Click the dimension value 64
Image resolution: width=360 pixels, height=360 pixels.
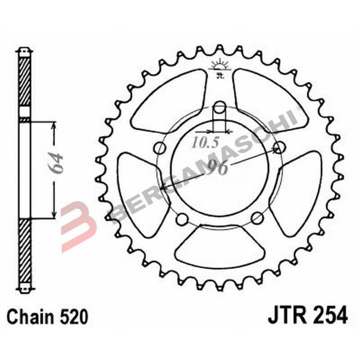click(57, 162)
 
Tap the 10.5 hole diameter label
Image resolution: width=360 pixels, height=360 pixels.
click(205, 143)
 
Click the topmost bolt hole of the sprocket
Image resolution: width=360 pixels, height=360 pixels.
click(220, 107)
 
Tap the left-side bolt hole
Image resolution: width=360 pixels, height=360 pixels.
click(159, 148)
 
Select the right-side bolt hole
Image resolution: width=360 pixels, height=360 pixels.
click(280, 147)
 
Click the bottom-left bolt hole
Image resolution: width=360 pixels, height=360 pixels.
click(182, 219)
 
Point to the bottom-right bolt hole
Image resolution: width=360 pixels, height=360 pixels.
click(257, 219)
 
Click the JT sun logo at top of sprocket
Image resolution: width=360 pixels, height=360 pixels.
click(220, 66)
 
